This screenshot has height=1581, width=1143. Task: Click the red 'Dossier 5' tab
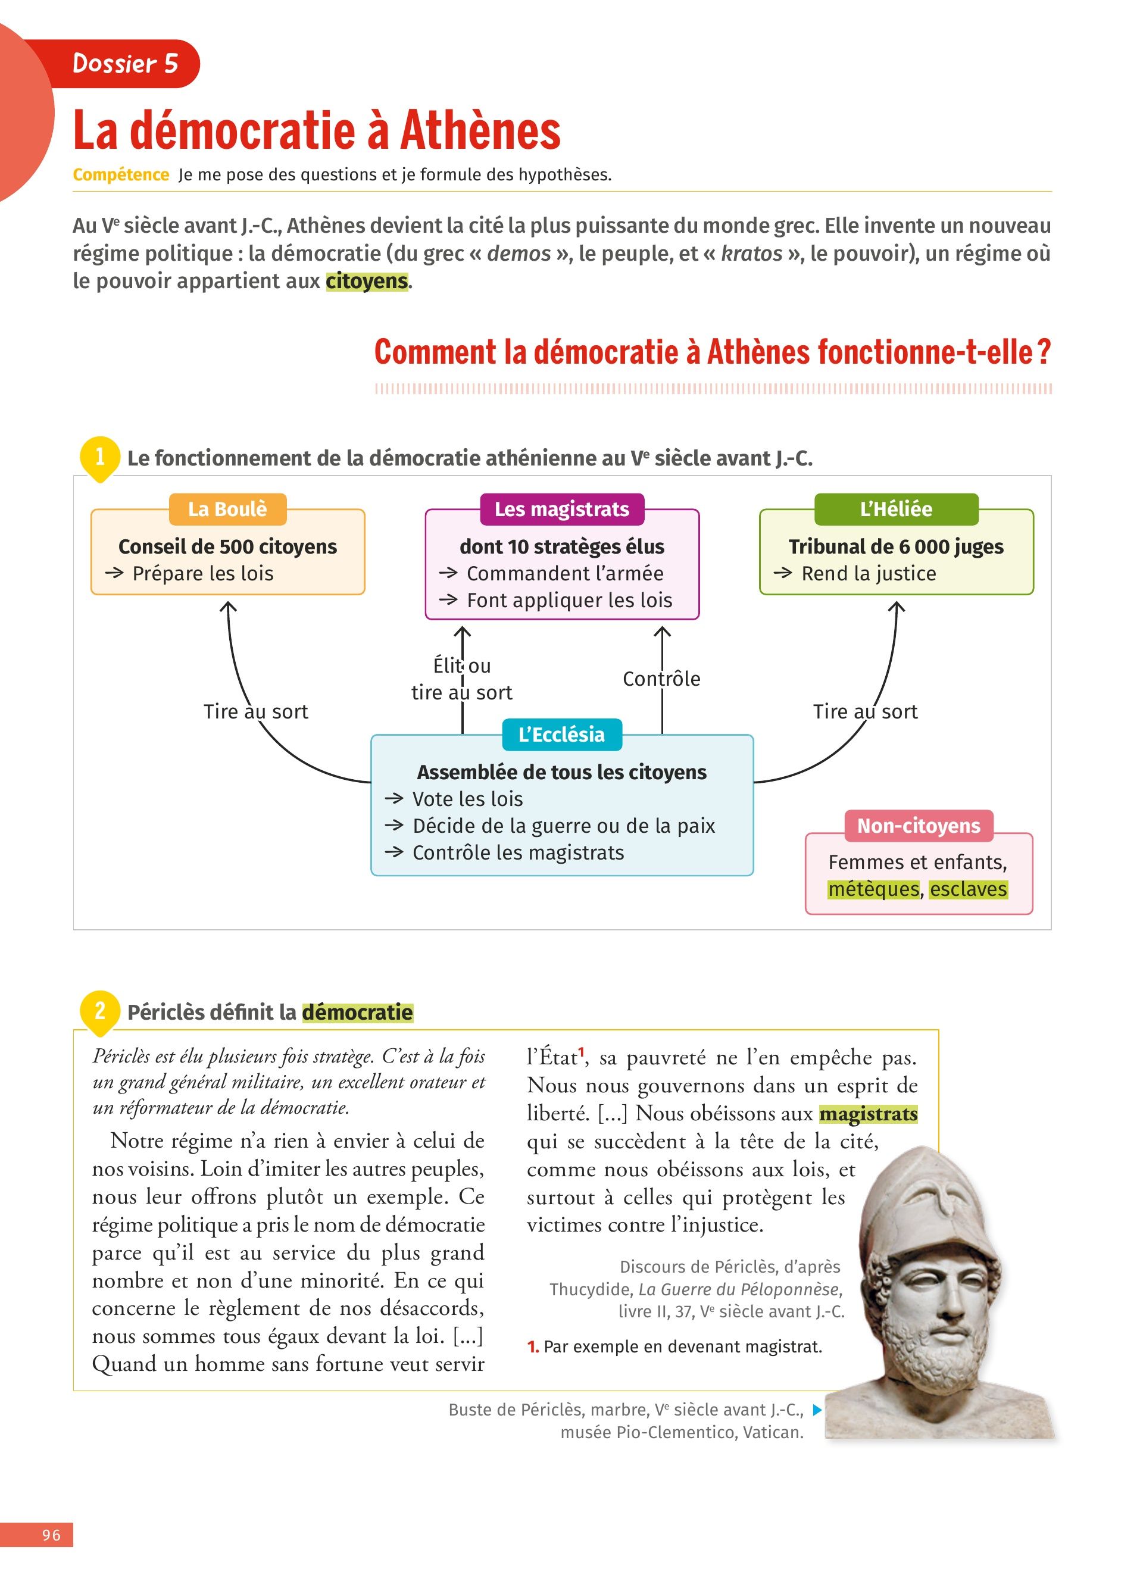pyautogui.click(x=126, y=64)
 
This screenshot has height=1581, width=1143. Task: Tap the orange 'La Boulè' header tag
pyautogui.click(x=227, y=509)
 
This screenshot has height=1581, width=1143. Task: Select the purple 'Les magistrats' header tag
pyautogui.click(x=562, y=509)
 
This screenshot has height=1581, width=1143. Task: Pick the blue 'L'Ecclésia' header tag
pyautogui.click(x=562, y=735)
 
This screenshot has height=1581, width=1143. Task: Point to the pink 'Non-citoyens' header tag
pyautogui.click(x=919, y=826)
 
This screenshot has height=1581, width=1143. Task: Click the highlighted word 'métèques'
pyautogui.click(x=873, y=889)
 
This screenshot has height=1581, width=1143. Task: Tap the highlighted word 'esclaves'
pyautogui.click(x=968, y=889)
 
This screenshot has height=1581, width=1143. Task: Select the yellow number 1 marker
pyautogui.click(x=99, y=457)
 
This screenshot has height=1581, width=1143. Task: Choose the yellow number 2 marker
pyautogui.click(x=99, y=1011)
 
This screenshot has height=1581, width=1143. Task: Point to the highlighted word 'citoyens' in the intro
pyautogui.click(x=367, y=281)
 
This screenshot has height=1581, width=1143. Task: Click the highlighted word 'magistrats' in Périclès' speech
pyautogui.click(x=869, y=1114)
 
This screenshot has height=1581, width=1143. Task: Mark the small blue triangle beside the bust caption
pyautogui.click(x=817, y=1410)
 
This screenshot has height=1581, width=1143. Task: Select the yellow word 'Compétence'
pyautogui.click(x=121, y=175)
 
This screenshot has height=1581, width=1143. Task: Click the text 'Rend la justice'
pyautogui.click(x=869, y=574)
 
